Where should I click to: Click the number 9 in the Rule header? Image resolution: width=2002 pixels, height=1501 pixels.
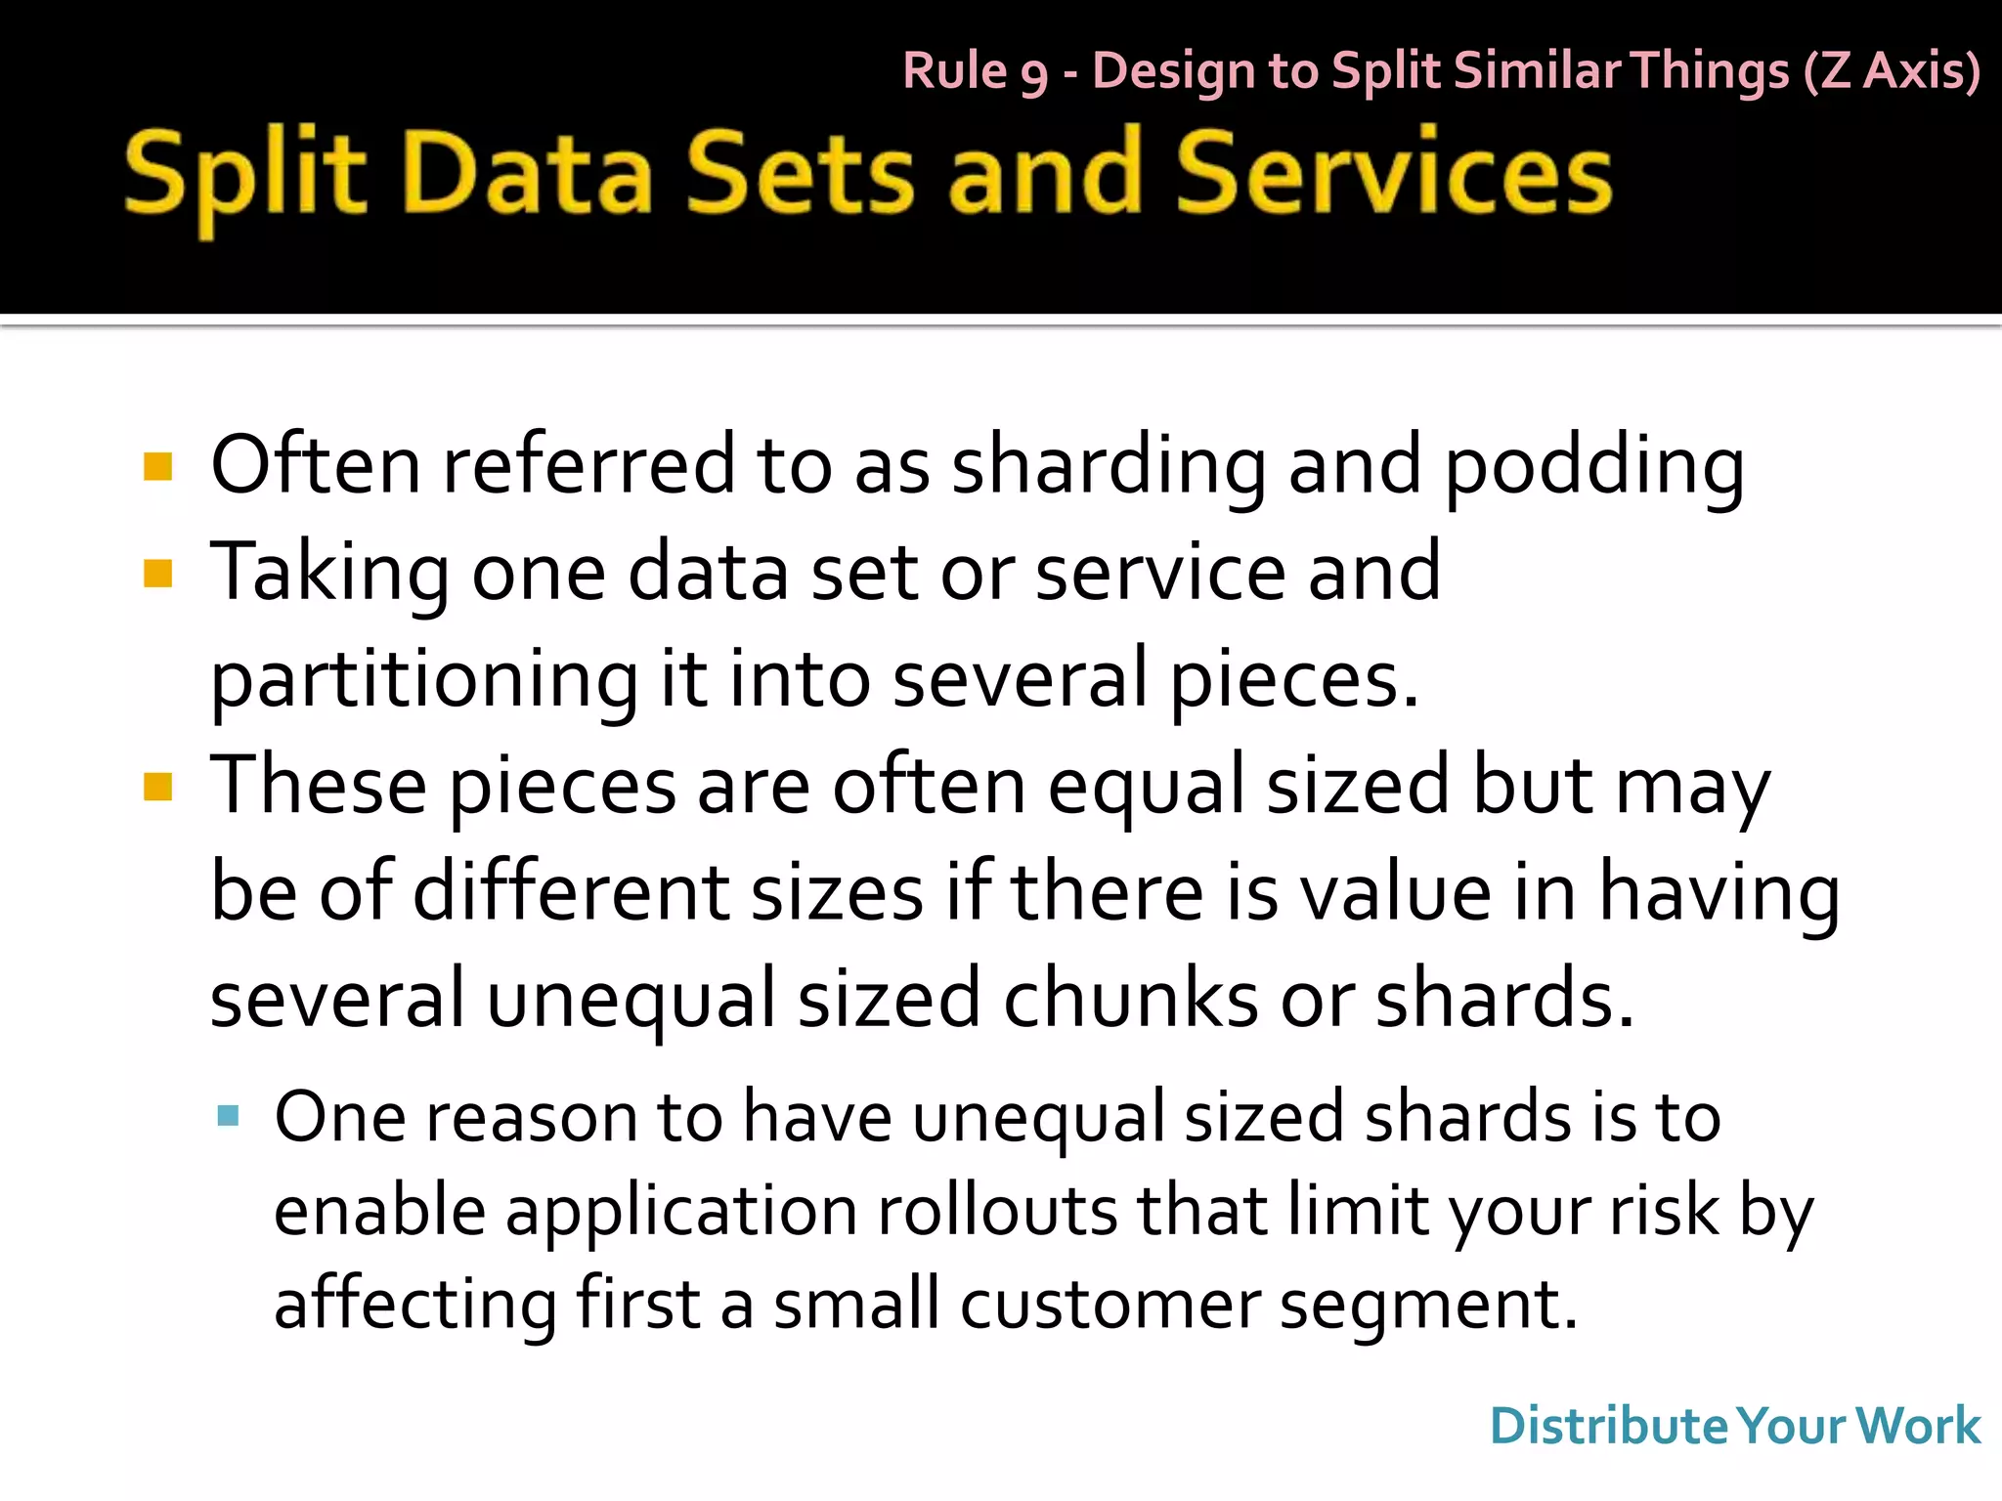(1034, 74)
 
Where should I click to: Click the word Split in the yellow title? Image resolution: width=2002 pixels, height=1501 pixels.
(244, 176)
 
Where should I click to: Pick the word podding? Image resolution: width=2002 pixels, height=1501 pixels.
(1593, 467)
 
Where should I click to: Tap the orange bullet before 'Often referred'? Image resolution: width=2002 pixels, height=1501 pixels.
(157, 466)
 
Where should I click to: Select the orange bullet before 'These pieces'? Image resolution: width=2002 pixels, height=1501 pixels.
(157, 787)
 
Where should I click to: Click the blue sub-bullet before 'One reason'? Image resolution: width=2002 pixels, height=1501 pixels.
(229, 1116)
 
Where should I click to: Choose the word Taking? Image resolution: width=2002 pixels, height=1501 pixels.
(329, 573)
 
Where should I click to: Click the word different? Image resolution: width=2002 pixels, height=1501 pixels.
(570, 891)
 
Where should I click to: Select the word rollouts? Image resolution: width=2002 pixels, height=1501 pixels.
(996, 1211)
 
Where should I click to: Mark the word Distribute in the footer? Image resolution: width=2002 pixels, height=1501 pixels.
(1609, 1426)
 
